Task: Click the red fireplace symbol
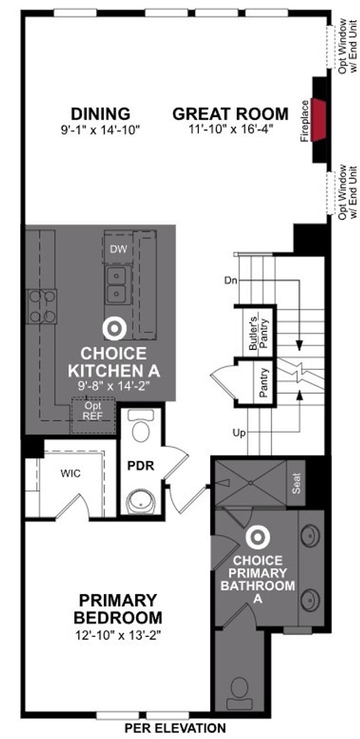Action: point(319,120)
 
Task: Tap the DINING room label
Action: point(101,114)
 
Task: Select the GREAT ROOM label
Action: point(230,114)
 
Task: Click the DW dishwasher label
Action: point(119,249)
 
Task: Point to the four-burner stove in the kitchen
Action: point(43,306)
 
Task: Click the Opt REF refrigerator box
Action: point(93,415)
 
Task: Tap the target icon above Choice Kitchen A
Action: point(114,329)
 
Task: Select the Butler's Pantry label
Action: point(258,333)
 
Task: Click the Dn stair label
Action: point(230,281)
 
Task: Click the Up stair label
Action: point(239,433)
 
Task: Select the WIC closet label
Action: point(70,474)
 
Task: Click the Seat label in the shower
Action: point(296,483)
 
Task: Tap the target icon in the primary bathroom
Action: point(258,537)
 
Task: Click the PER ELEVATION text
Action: point(175,728)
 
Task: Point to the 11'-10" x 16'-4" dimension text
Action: point(231,129)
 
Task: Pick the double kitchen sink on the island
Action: point(116,285)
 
